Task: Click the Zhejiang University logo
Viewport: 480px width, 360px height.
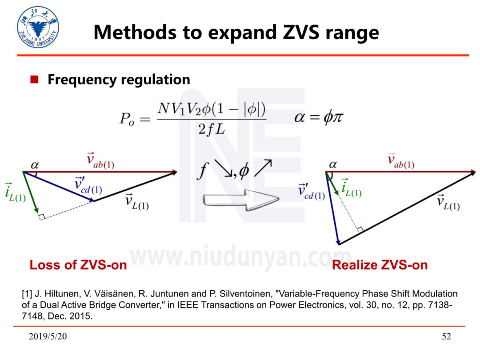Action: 38,27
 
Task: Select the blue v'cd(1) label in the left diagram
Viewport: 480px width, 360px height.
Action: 88,185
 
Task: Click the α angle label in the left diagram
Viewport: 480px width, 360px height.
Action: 35,165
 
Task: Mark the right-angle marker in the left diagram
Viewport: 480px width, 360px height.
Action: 41,216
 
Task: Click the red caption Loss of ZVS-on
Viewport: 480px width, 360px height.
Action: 78,265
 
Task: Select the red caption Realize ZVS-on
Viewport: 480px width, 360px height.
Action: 380,265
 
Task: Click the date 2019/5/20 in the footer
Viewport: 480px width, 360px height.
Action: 48,336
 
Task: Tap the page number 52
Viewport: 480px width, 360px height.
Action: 446,336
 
